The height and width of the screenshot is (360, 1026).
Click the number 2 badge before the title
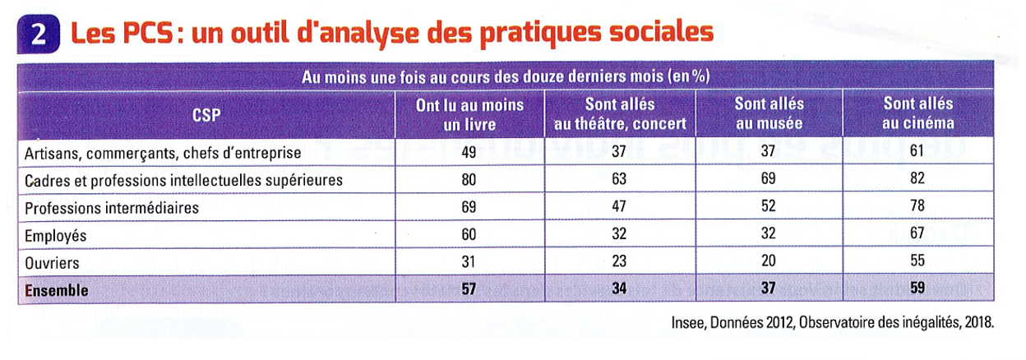pos(38,34)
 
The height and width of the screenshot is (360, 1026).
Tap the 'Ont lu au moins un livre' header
pos(469,115)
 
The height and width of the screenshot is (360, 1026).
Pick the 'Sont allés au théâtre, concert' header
pos(619,115)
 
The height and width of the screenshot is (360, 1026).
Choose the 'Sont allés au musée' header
pos(769,115)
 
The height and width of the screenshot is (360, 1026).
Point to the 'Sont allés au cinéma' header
pos(918,115)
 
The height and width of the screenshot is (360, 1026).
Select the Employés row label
pos(56,235)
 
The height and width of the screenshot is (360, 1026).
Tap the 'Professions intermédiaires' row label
pos(112,208)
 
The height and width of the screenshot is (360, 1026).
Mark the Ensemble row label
pos(57,290)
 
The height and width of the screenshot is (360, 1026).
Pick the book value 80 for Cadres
pos(469,180)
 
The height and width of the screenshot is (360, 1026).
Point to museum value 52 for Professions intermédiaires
pos(769,208)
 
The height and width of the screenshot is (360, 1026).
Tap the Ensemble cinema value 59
pos(917,290)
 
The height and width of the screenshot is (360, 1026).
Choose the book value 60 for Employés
pos(469,235)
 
